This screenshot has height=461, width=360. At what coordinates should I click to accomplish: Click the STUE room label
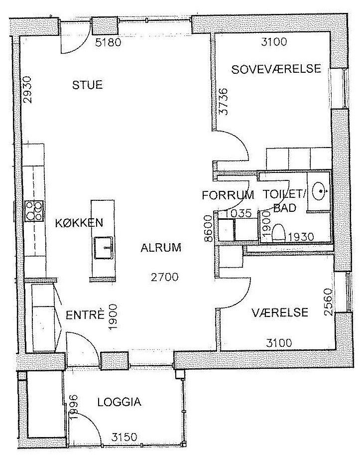[x=87, y=85]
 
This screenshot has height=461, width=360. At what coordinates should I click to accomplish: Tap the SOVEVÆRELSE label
[x=276, y=69]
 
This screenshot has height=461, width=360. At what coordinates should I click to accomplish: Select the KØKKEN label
[x=79, y=223]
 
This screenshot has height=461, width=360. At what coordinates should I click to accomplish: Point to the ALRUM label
[x=161, y=248]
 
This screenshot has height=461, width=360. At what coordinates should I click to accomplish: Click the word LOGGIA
[x=119, y=402]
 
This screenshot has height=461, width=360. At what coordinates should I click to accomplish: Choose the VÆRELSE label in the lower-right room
[x=280, y=312]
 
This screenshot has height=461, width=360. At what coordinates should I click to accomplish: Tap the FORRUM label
[x=228, y=195]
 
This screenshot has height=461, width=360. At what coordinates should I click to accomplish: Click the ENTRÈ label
[x=85, y=315]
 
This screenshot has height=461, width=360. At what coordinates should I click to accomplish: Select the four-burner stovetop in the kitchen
[x=34, y=210]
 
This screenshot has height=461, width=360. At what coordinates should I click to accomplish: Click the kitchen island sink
[x=104, y=248]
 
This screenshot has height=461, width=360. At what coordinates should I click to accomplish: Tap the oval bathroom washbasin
[x=319, y=190]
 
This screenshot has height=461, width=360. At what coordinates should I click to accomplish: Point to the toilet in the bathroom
[x=279, y=233]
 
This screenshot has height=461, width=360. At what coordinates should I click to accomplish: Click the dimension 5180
[x=108, y=43]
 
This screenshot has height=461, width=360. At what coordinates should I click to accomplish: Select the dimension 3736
[x=224, y=102]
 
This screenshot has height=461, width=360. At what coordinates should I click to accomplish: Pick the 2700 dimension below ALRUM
[x=164, y=277]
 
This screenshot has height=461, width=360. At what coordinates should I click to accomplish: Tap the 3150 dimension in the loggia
[x=124, y=437]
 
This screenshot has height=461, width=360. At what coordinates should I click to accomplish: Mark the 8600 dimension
[x=208, y=228]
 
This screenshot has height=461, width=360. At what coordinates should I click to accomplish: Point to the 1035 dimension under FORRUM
[x=239, y=213]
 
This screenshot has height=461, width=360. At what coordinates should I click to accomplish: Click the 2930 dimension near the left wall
[x=27, y=90]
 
